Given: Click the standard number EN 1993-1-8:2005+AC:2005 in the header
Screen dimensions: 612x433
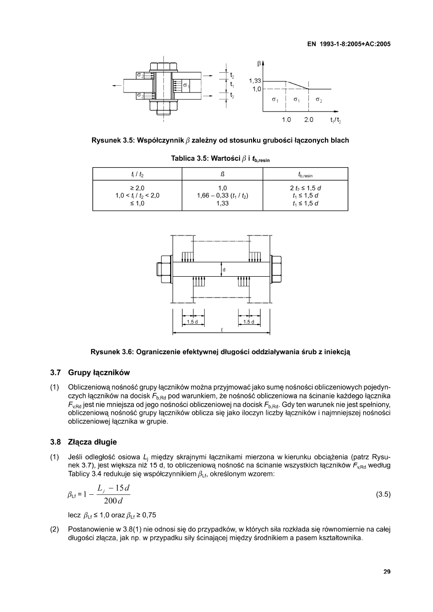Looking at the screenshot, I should [x=349, y=44].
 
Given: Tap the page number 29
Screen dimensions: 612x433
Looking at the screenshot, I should [x=387, y=571].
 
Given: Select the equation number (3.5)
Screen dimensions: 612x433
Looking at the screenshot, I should [x=383, y=495].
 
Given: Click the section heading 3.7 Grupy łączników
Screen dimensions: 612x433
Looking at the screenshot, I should [x=90, y=373].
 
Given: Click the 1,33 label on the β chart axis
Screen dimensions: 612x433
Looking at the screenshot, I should [x=255, y=81].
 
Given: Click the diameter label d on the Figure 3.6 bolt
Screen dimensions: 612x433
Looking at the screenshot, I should [x=225, y=269].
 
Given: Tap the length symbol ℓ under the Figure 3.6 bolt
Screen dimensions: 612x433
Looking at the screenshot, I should [x=222, y=330].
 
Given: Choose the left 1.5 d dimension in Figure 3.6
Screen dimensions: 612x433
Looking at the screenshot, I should [x=192, y=321].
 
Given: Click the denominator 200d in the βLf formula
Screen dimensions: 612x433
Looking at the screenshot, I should [x=112, y=501].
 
